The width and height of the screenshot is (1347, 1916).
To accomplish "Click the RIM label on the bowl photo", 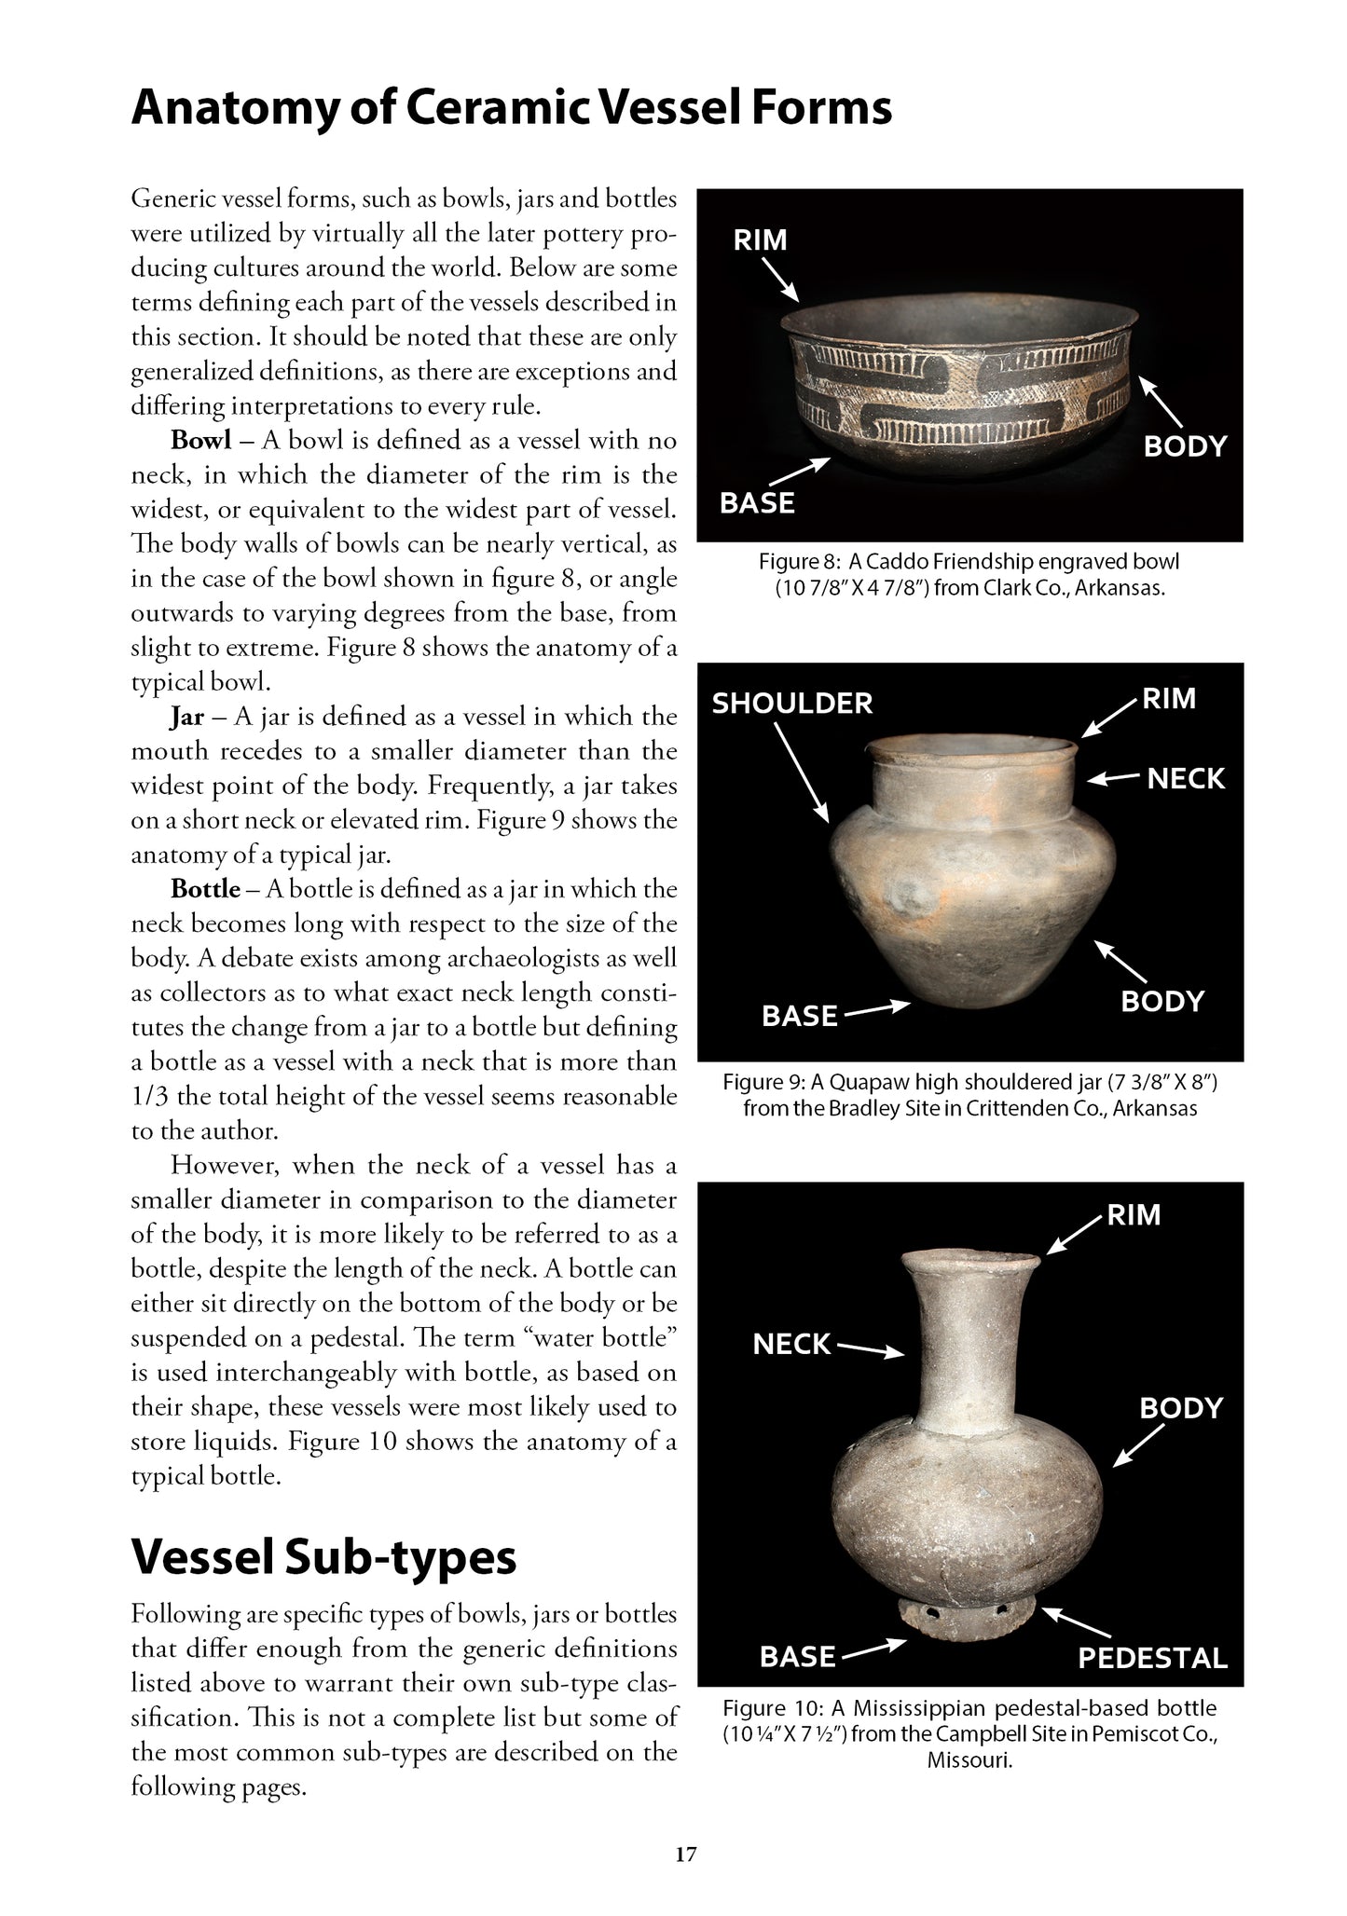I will [760, 240].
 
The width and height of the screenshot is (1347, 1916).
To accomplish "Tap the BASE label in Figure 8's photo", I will [757, 503].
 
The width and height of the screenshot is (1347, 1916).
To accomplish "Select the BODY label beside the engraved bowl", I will [1185, 446].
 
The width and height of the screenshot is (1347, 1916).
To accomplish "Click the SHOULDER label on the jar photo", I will [792, 703].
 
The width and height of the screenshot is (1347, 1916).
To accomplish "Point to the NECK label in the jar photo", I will [1185, 778].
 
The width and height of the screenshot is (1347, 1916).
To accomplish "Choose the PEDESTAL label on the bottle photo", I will [1152, 1658].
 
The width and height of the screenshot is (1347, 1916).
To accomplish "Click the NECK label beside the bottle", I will [791, 1344].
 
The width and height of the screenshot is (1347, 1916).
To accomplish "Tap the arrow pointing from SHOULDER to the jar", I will [801, 773].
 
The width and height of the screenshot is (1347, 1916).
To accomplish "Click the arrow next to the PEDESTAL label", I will [1076, 1622].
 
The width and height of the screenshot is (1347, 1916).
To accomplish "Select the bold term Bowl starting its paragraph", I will [200, 441].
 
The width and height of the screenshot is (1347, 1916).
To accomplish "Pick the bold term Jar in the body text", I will [186, 717].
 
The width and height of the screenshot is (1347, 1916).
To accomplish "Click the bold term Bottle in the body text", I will [205, 889].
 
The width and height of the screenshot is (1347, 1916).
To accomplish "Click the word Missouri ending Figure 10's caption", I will [969, 1760].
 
